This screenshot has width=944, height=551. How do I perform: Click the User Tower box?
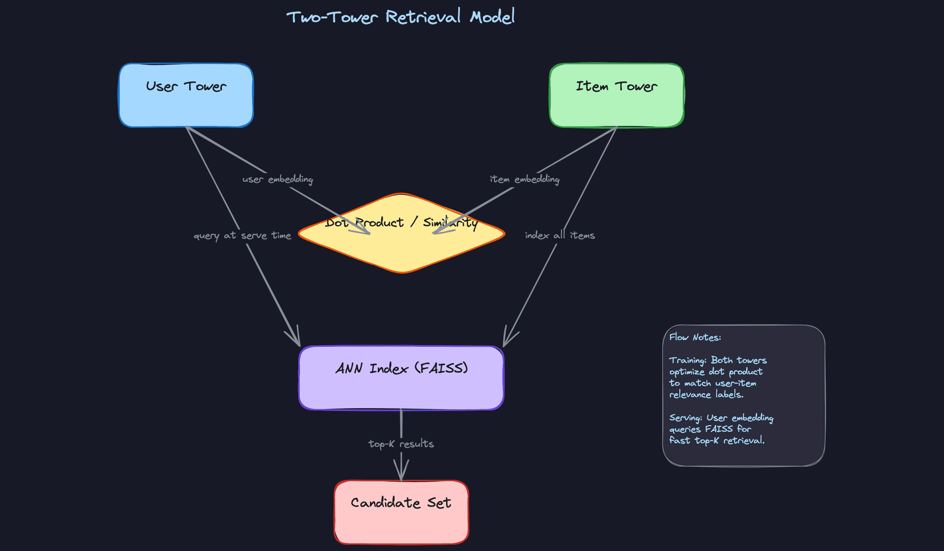tap(186, 95)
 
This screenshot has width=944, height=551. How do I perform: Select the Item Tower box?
tap(617, 95)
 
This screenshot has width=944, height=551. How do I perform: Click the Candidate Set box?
tap(401, 512)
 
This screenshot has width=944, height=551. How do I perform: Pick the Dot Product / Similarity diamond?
tap(401, 246)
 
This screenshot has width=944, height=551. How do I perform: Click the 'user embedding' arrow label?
tap(278, 179)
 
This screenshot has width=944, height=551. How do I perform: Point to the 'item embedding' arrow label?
tap(525, 179)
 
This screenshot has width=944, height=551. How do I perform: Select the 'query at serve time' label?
tap(242, 236)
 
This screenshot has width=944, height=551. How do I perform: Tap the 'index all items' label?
tap(560, 236)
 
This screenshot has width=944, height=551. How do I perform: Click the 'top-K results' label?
tap(401, 444)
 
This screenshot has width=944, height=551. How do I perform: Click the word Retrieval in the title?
tap(423, 17)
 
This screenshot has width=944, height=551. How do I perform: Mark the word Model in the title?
tap(492, 17)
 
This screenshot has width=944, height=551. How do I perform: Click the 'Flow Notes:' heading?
tap(695, 337)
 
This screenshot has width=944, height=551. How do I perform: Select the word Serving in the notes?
tap(685, 418)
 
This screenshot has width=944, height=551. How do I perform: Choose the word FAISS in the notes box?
tap(719, 429)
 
